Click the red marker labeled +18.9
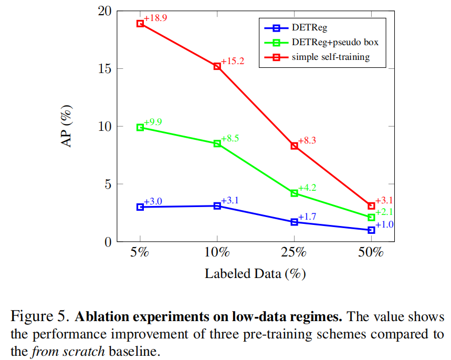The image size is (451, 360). [x=140, y=24]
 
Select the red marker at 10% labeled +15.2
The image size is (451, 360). [x=217, y=66]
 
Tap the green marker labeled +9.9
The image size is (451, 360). [x=140, y=127]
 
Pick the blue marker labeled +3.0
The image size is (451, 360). [x=140, y=207]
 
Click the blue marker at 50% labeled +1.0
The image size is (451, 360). [x=371, y=230]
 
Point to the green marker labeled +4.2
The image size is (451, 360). [x=294, y=193]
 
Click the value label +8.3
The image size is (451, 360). [x=307, y=141]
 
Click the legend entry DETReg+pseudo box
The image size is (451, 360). [x=335, y=42]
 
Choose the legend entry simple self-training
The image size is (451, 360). [x=331, y=57]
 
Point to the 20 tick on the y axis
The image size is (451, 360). [x=104, y=11]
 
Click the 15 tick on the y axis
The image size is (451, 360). [x=104, y=69]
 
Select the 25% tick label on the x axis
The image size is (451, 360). [x=294, y=252]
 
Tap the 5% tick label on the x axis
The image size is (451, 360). [x=140, y=252]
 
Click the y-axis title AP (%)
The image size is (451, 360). [x=68, y=126]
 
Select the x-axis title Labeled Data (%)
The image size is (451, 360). [x=255, y=274]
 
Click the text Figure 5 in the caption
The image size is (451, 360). [x=40, y=317]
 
